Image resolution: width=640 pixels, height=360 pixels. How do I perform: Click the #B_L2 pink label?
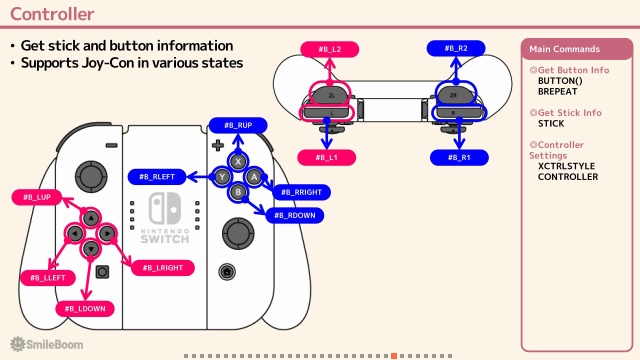(x=329, y=49)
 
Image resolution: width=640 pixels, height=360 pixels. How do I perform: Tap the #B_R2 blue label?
(x=456, y=48)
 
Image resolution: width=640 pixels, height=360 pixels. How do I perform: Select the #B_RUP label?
(x=238, y=125)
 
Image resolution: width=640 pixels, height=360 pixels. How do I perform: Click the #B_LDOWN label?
(x=85, y=308)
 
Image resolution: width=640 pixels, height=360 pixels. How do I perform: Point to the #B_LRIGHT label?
(x=163, y=267)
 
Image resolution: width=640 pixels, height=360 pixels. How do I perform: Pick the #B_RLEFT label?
(x=157, y=176)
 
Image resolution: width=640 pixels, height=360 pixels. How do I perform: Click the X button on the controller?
(x=238, y=161)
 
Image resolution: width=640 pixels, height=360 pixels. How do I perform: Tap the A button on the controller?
(x=253, y=177)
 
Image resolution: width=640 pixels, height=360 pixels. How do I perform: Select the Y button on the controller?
(x=222, y=177)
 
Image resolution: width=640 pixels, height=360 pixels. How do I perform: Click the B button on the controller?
(x=238, y=192)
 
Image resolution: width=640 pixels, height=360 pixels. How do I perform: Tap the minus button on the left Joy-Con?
(x=111, y=145)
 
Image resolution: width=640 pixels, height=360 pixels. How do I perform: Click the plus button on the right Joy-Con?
(x=217, y=145)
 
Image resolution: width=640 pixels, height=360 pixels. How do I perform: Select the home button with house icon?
(x=227, y=271)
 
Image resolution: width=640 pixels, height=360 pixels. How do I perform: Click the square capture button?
(x=102, y=271)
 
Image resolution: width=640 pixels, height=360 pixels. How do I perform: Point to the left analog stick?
(x=91, y=176)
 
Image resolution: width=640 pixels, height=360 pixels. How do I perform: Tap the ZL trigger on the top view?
(x=331, y=95)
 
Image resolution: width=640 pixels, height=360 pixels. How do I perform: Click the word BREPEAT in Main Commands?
(x=557, y=91)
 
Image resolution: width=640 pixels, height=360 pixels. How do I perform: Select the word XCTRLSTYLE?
(x=566, y=166)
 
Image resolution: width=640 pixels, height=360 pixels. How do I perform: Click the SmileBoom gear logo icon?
(x=17, y=343)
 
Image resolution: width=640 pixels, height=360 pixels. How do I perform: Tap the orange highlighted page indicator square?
(x=394, y=356)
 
